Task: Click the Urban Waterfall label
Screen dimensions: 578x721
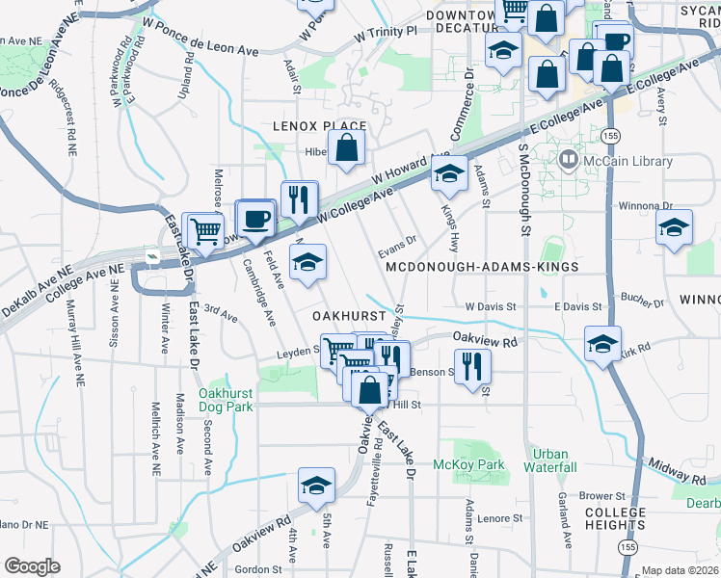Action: [551, 460]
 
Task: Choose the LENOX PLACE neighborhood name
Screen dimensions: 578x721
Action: [319, 126]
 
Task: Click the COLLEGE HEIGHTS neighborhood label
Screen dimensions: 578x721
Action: [615, 518]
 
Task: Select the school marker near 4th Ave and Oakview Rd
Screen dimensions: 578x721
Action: [316, 487]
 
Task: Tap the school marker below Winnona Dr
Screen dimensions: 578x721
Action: [674, 228]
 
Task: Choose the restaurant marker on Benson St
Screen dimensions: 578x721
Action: [472, 365]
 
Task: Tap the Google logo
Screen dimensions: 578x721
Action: [33, 566]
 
